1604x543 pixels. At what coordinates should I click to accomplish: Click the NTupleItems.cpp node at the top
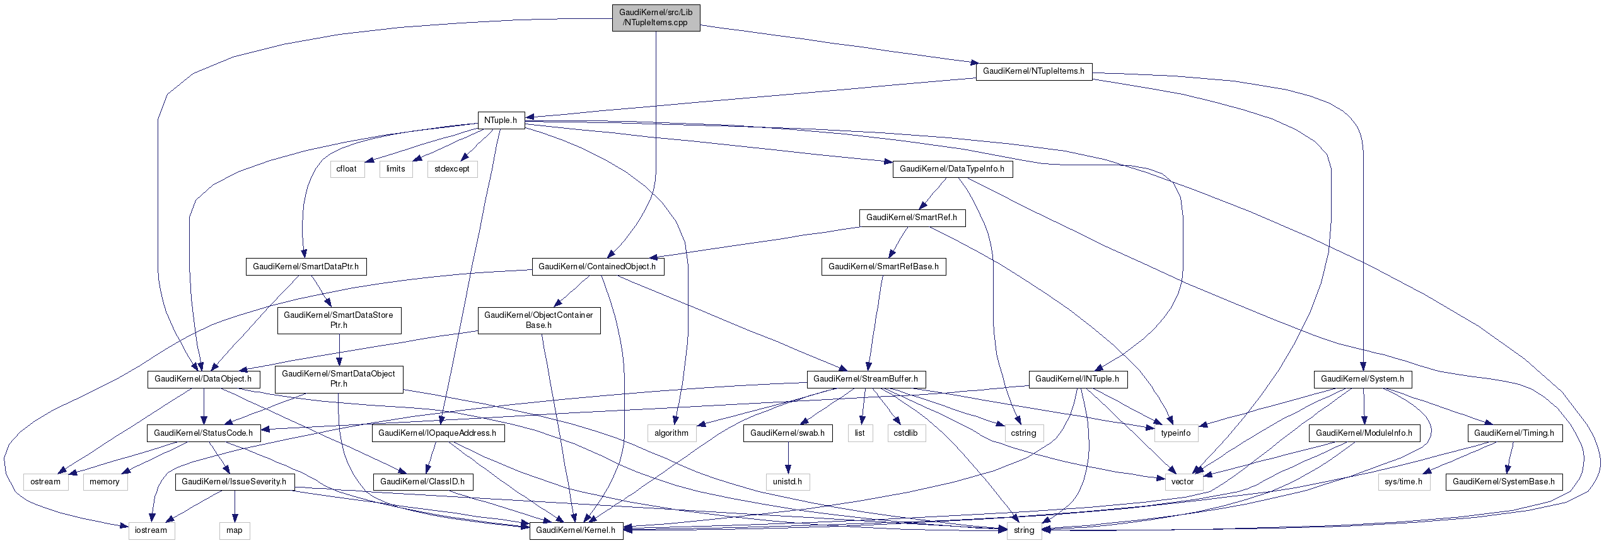tap(656, 18)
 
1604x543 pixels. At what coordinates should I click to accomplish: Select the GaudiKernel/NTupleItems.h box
tap(1033, 71)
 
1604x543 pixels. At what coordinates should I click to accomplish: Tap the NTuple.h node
tap(501, 120)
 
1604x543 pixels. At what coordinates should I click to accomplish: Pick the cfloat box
tap(347, 169)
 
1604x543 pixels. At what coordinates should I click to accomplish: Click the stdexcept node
tap(452, 169)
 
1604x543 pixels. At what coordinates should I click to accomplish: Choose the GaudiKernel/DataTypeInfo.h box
tap(952, 169)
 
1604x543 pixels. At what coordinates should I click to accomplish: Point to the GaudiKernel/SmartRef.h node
tap(911, 218)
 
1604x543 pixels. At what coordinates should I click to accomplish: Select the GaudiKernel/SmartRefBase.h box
tap(883, 267)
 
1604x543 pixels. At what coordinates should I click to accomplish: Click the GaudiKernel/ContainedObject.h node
tap(598, 267)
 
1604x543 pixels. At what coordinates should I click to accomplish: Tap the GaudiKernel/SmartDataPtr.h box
tap(306, 267)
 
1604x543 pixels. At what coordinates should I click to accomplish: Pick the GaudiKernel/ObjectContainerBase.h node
tap(539, 320)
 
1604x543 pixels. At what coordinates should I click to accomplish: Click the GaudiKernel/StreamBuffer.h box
tap(865, 379)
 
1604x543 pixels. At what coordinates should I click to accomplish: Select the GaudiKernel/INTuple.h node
tap(1077, 379)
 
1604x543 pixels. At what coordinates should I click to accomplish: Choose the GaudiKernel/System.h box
tap(1363, 379)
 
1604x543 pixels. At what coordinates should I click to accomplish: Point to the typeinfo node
tap(1176, 433)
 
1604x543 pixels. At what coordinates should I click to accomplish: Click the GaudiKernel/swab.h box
tap(787, 433)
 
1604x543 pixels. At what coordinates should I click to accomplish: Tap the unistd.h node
tap(787, 482)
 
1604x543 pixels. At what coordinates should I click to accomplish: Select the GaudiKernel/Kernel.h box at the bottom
tap(576, 530)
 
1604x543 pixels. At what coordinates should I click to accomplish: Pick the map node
tap(235, 530)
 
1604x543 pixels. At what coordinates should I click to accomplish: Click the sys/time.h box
tap(1403, 482)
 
